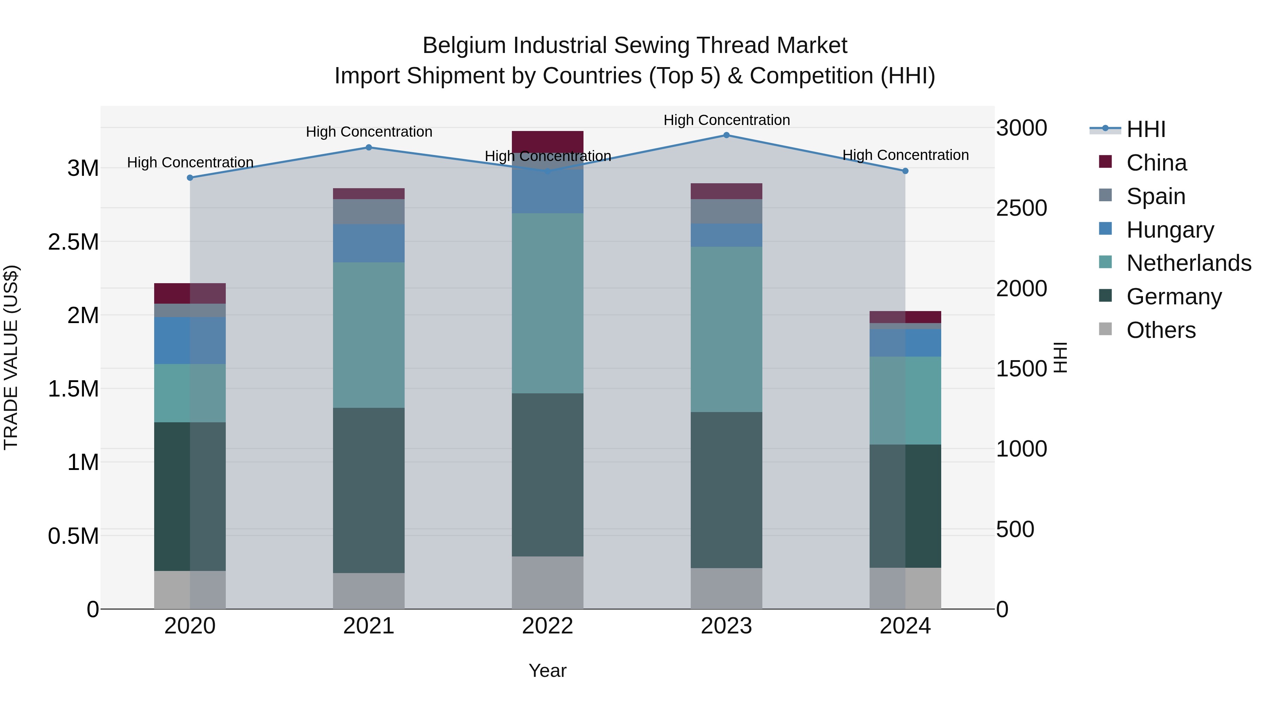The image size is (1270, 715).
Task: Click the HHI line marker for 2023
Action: (x=726, y=135)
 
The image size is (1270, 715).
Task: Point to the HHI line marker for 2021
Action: (x=369, y=148)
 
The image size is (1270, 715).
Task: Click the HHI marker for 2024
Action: (x=905, y=171)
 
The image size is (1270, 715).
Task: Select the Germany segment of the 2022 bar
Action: (x=547, y=474)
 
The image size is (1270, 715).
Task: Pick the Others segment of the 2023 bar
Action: (x=726, y=588)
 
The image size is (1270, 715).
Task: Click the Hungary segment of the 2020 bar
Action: (x=190, y=340)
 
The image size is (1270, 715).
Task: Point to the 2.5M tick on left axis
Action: (x=73, y=242)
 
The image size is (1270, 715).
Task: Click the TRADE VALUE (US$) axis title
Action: (x=11, y=357)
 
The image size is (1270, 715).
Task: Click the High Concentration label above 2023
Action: (x=726, y=120)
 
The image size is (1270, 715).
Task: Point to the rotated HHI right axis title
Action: (x=1060, y=357)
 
